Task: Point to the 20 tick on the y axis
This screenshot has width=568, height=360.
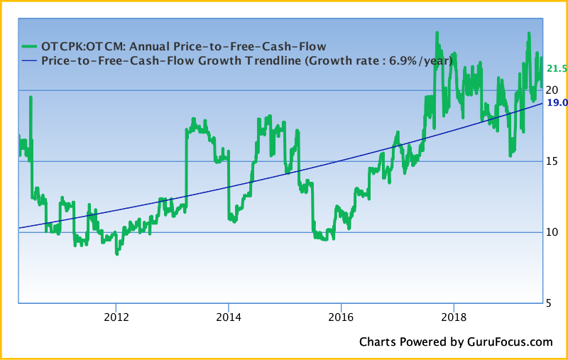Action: pyautogui.click(x=552, y=89)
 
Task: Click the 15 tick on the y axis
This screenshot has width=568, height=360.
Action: pyautogui.click(x=552, y=161)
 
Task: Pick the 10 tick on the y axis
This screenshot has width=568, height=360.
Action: pyautogui.click(x=552, y=232)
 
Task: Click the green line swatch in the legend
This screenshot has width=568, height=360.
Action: pyautogui.click(x=28, y=48)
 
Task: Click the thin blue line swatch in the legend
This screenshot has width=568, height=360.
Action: pyautogui.click(x=28, y=61)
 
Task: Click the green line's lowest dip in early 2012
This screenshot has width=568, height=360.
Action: pyautogui.click(x=116, y=252)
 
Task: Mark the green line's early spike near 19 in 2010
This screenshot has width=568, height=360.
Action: pyautogui.click(x=31, y=97)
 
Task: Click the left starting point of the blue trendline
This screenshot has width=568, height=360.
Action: pyautogui.click(x=19, y=228)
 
